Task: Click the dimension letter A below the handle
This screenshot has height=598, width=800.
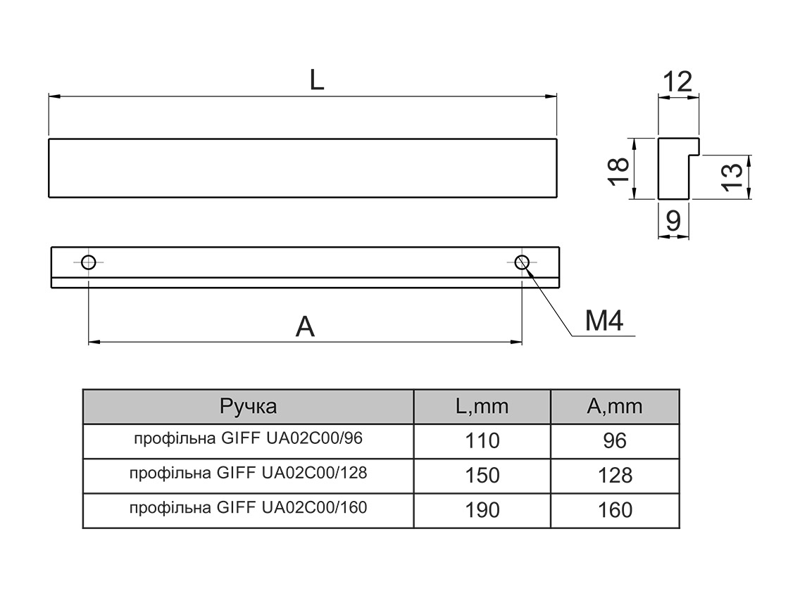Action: (x=305, y=326)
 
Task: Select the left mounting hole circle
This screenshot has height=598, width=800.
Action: (x=88, y=262)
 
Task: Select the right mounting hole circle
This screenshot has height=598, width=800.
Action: (x=522, y=262)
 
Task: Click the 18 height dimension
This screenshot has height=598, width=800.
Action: (x=618, y=170)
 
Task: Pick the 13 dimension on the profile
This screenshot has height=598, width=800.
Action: (x=733, y=176)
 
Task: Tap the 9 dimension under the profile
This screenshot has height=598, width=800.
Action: (x=673, y=222)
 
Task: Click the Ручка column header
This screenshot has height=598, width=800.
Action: (x=248, y=406)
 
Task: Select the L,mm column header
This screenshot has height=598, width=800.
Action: (x=482, y=406)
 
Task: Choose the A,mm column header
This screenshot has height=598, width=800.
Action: (x=615, y=406)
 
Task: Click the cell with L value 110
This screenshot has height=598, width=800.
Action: (x=482, y=441)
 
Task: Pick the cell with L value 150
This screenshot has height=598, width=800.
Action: (x=482, y=476)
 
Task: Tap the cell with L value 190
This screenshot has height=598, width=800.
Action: (x=482, y=510)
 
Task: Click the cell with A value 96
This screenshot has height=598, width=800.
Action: (x=615, y=441)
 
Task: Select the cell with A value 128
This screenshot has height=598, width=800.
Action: (x=615, y=476)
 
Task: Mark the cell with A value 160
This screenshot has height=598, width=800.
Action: (x=615, y=510)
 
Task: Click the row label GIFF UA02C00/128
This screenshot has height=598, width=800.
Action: (x=248, y=473)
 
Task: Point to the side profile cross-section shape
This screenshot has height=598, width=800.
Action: (x=673, y=169)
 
